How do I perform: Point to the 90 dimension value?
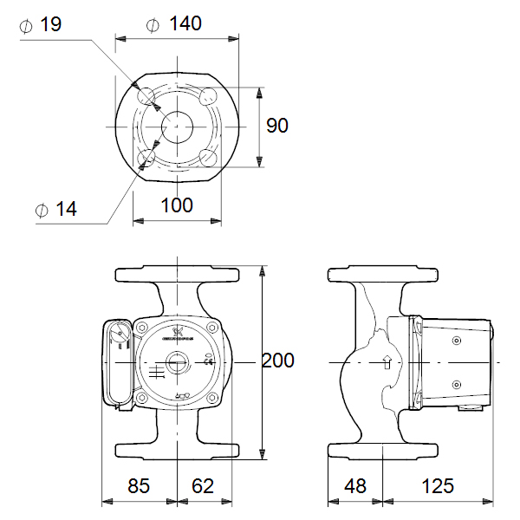point(276,126)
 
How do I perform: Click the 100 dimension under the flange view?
point(176,205)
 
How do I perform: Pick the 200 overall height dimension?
point(278,360)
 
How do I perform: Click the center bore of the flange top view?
point(176,126)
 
